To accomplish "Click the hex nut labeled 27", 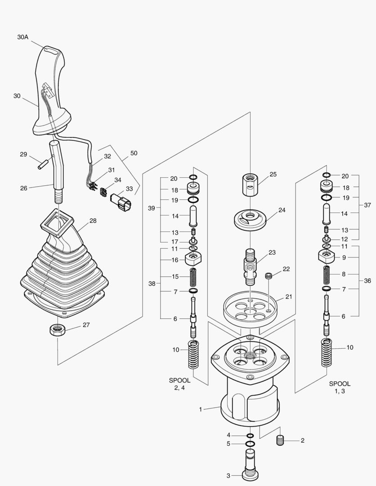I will (x=58, y=329).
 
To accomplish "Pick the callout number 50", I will (x=134, y=153).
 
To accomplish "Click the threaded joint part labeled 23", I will (x=250, y=265).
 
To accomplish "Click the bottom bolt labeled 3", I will (x=251, y=466).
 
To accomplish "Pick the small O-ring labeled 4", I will (x=250, y=436).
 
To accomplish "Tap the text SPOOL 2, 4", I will (x=179, y=384).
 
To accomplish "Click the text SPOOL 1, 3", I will (x=340, y=387).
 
